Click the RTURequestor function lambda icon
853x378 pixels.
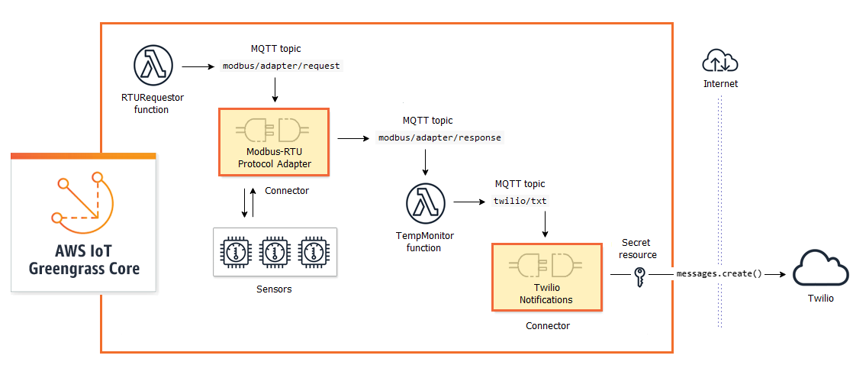155,66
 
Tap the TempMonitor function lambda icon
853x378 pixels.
425,203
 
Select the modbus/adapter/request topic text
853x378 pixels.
282,66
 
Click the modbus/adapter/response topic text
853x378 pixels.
440,137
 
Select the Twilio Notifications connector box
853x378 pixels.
546,276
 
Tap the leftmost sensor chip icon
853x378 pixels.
237,250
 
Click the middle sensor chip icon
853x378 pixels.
274,250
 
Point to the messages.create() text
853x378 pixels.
719,273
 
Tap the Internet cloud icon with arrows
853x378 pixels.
720,60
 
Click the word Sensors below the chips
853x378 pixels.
274,289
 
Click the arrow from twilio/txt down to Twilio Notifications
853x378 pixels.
546,225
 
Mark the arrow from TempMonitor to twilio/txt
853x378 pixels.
469,202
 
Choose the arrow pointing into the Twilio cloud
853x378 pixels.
775,273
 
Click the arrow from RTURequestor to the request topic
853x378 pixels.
199,66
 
